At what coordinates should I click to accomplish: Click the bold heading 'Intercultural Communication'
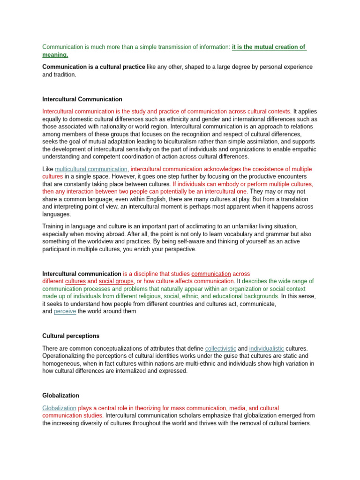click(82, 99)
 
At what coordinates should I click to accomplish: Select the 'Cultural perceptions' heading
click(71, 336)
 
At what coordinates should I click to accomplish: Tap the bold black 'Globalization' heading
click(60, 396)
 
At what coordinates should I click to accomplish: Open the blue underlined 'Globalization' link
click(59, 408)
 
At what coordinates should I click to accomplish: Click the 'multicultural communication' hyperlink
click(91, 169)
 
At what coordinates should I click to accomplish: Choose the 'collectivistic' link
click(221, 349)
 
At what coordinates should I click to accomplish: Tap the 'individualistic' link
click(266, 349)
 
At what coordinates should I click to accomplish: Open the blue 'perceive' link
click(65, 311)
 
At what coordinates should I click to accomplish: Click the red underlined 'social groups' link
click(116, 281)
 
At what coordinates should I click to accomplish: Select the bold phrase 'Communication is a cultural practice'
click(93, 67)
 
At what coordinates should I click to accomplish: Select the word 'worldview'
click(95, 241)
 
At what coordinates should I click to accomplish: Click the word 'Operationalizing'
click(64, 356)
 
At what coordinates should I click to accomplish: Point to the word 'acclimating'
click(183, 226)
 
